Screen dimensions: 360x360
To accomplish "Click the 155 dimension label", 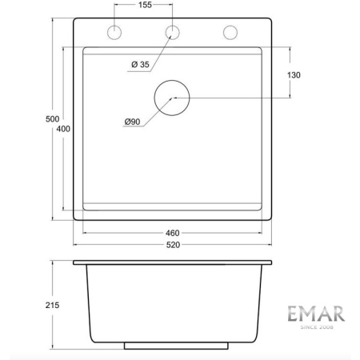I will click(x=144, y=6).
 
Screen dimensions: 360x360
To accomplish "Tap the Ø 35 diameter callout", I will click(x=138, y=65).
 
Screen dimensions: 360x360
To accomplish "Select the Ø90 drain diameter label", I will click(x=132, y=122).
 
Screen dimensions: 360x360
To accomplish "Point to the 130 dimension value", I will click(x=293, y=75).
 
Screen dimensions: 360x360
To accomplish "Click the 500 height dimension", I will click(x=53, y=118).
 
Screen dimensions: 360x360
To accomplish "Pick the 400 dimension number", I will click(x=63, y=130).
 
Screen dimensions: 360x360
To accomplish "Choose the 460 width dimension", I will click(x=173, y=234).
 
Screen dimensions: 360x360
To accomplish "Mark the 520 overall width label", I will click(x=173, y=246).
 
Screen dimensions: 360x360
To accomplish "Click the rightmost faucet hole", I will click(x=230, y=33).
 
